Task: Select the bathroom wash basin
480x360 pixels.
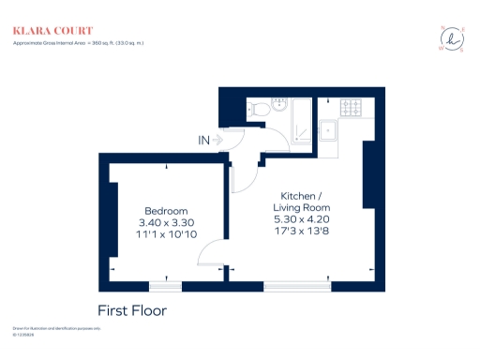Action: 277,103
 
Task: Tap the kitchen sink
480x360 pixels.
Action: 329,130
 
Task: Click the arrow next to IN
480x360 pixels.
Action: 218,141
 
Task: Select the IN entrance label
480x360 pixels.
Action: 203,141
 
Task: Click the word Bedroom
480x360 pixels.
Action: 166,210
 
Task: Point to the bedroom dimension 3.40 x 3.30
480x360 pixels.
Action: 166,222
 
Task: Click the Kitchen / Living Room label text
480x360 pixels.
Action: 302,200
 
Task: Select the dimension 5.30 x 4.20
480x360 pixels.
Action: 302,217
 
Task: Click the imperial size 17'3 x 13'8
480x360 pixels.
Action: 302,230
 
